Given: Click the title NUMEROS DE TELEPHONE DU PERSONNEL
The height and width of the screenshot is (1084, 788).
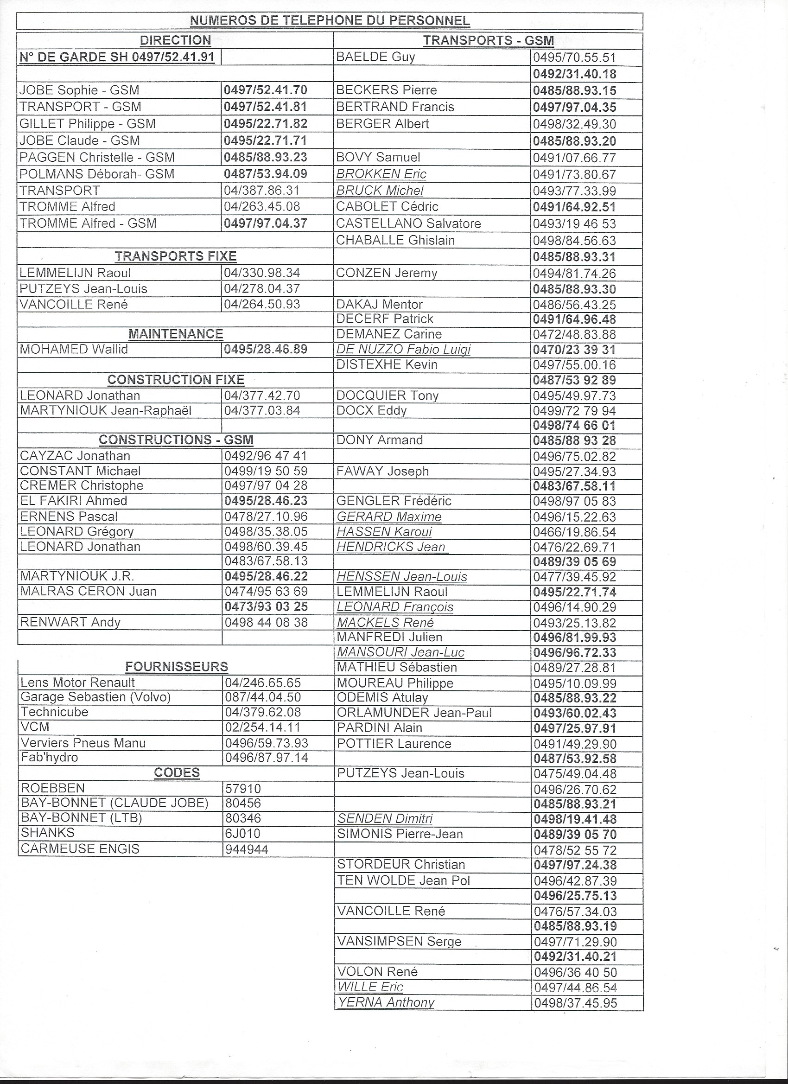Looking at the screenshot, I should click(x=330, y=21).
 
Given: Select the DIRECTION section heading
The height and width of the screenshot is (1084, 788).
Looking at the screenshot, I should click(x=175, y=41).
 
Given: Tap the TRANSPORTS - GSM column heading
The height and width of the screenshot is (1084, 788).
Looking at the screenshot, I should click(x=488, y=41).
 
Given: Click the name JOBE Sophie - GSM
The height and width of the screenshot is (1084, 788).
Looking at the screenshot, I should click(x=79, y=90).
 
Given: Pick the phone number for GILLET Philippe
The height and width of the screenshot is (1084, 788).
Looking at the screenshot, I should click(x=266, y=124).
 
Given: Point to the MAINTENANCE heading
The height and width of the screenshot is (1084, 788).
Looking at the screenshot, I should click(x=175, y=334).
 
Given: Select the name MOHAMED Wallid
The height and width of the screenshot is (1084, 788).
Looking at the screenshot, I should click(x=74, y=350).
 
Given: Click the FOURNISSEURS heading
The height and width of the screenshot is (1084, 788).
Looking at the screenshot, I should click(x=176, y=667).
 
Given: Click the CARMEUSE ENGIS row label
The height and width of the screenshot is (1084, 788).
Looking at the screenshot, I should click(x=80, y=849).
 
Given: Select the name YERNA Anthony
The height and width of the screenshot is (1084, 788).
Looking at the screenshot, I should click(x=386, y=1002).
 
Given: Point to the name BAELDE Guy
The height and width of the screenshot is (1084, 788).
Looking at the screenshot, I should click(x=375, y=57).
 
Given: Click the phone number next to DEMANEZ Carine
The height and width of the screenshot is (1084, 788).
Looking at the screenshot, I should click(x=574, y=335).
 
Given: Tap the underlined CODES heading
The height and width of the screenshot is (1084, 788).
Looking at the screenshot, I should click(x=177, y=773).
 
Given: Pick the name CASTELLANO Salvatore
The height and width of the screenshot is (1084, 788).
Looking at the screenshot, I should click(x=408, y=223).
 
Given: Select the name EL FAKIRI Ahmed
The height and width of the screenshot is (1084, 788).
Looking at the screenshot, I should click(x=74, y=501).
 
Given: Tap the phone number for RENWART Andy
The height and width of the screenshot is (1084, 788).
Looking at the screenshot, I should click(x=266, y=622).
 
